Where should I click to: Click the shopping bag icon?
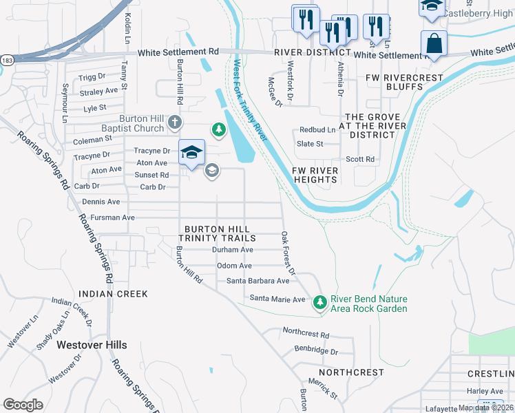pos(434,43)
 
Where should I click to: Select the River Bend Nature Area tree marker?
pos(319,302)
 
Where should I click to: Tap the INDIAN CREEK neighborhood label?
pos(113,294)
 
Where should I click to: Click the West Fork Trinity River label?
pos(250,100)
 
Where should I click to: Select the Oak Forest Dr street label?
pos(288,253)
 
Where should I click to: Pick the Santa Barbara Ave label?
pos(258,281)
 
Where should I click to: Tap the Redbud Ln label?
pos(317,130)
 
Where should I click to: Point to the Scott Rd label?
pos(360,159)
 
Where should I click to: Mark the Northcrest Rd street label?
pos(306,331)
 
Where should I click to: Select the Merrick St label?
pos(323,388)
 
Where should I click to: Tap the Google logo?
pos(23,405)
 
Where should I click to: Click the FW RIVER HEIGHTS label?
pos(315,175)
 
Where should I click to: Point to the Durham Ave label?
pos(233,250)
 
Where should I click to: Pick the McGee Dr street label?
pos(275,92)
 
